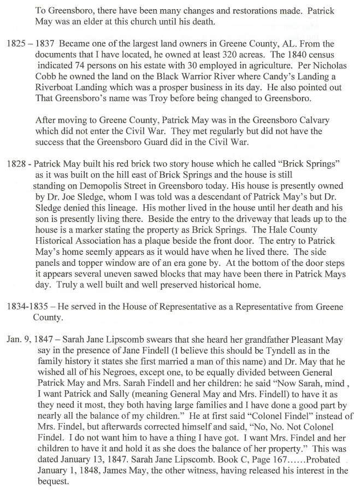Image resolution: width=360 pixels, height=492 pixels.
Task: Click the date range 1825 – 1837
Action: [27, 43]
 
